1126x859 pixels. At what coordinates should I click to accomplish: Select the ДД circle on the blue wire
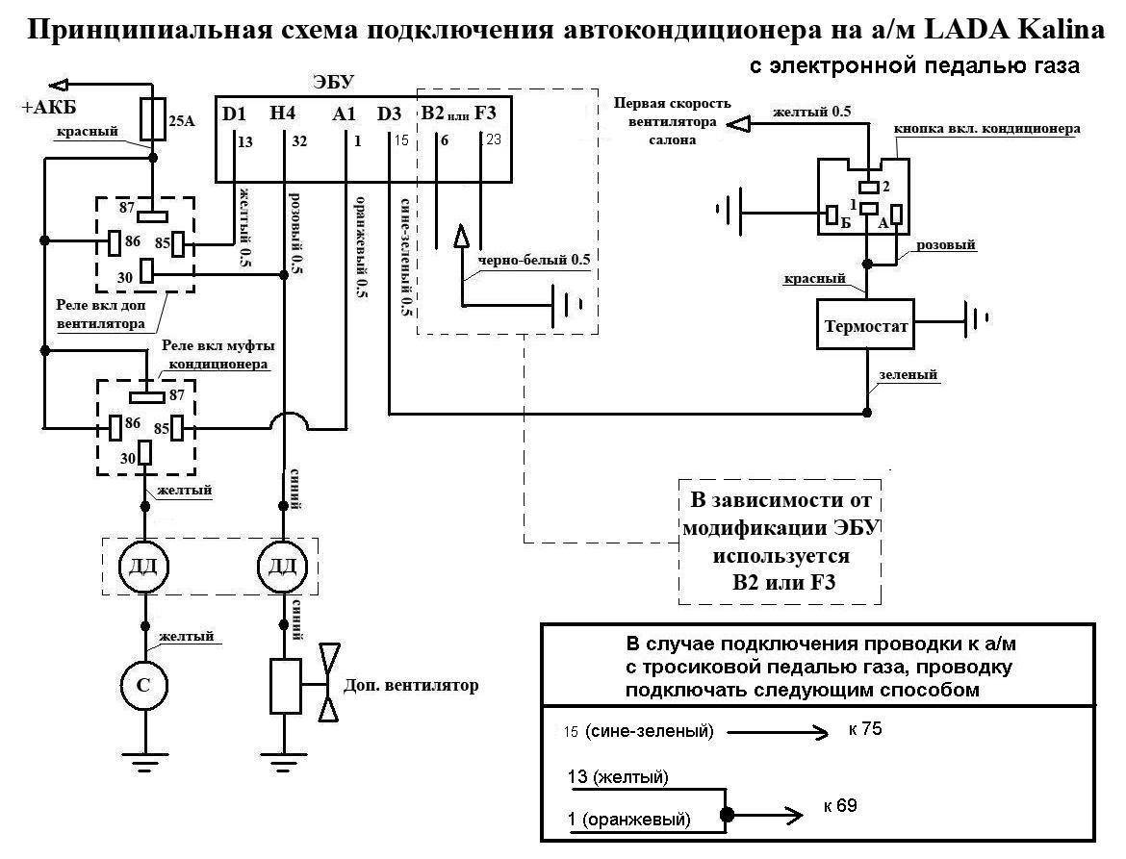click(283, 566)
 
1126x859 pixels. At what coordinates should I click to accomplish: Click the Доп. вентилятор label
click(410, 686)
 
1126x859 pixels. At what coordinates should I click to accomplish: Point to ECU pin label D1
click(234, 114)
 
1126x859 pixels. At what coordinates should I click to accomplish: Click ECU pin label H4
click(283, 114)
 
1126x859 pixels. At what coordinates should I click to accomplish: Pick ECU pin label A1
click(344, 114)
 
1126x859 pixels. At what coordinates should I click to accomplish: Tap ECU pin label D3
click(390, 114)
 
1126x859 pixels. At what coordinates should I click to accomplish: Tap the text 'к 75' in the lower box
click(865, 729)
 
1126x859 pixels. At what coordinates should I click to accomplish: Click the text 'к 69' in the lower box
click(840, 806)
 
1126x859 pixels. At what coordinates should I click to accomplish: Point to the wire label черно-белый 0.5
click(527, 260)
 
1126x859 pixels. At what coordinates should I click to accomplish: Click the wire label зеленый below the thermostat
click(908, 375)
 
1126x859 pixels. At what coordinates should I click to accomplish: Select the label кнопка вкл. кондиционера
click(986, 128)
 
